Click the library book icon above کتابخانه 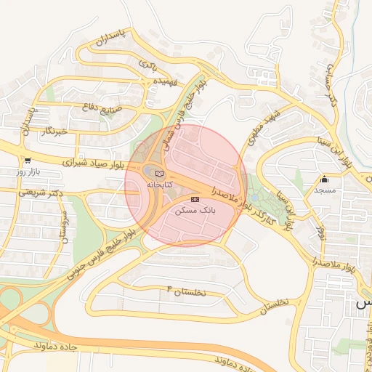coord(160,174)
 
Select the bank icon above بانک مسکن coord(195,198)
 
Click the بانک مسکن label coord(195,209)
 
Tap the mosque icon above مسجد coord(324,179)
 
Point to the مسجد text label coord(324,190)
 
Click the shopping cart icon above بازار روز coord(28,161)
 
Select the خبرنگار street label coord(54,132)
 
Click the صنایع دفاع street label coord(94,108)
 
